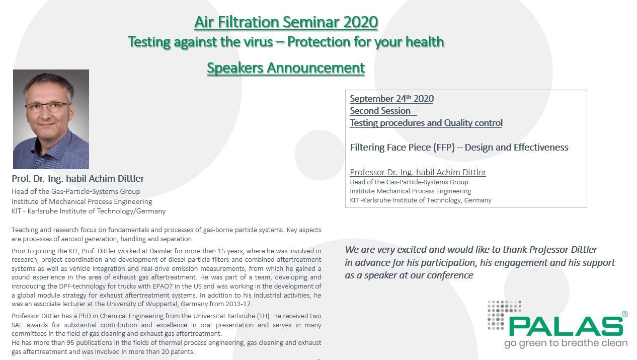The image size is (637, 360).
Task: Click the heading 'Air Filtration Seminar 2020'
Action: click(286, 22)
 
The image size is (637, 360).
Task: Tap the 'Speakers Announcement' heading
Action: click(286, 67)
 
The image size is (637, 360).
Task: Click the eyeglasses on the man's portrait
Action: click(47, 107)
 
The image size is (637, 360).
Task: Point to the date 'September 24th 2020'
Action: click(391, 99)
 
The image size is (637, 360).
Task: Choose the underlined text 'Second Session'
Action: click(380, 111)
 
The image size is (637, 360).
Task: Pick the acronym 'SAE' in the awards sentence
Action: click(18, 325)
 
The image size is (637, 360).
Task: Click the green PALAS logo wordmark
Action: click(566, 326)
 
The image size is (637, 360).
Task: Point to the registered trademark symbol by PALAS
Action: click(624, 314)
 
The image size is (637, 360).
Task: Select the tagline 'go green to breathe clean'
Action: click(566, 343)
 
